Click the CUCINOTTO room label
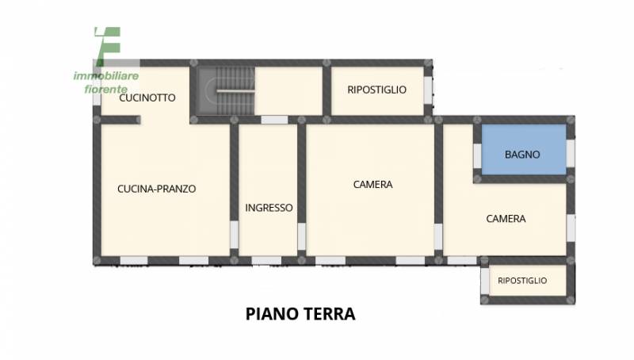tap(147, 98)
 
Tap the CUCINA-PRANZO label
tap(156, 189)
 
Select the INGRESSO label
tap(269, 208)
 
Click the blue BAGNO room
tap(524, 149)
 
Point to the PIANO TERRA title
tap(300, 314)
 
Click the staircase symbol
tap(226, 91)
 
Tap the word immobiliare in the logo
tap(106, 75)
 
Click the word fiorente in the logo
tap(106, 89)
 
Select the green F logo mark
tap(108, 46)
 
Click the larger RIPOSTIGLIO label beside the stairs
tap(377, 90)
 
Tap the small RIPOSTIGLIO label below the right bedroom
tap(522, 281)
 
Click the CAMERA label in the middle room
tap(372, 185)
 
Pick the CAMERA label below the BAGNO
tap(506, 219)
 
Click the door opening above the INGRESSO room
tap(274, 120)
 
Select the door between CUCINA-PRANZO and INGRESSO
tap(234, 235)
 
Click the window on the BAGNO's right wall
tap(570, 153)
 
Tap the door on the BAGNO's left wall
tap(478, 155)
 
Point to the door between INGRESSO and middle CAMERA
tap(302, 236)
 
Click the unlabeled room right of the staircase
tap(288, 91)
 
